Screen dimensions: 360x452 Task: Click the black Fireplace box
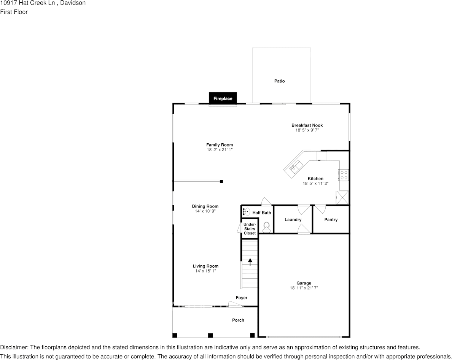tap(223, 98)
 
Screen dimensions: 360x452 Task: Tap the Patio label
tap(280, 81)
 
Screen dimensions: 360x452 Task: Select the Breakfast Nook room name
tap(307, 125)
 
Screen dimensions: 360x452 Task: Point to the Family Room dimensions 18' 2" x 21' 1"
tap(220, 150)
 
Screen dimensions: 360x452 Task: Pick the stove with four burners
tap(344, 175)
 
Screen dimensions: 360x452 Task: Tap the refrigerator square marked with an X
tap(342, 197)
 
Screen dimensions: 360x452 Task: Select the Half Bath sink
tap(246, 212)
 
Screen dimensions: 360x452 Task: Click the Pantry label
tap(331, 220)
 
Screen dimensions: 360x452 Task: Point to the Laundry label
tap(293, 220)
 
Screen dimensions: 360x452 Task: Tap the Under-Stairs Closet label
tap(250, 229)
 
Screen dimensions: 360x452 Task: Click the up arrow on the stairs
tap(250, 262)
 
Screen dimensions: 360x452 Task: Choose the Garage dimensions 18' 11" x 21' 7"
tap(304, 288)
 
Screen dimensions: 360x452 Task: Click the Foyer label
tap(242, 298)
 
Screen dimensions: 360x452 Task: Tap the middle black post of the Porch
tap(210, 335)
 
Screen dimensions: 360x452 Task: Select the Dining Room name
tap(205, 206)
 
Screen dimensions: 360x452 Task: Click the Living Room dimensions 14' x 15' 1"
tap(205, 271)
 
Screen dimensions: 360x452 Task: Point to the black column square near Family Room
tap(221, 181)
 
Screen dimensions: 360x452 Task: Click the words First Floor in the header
tap(14, 12)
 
